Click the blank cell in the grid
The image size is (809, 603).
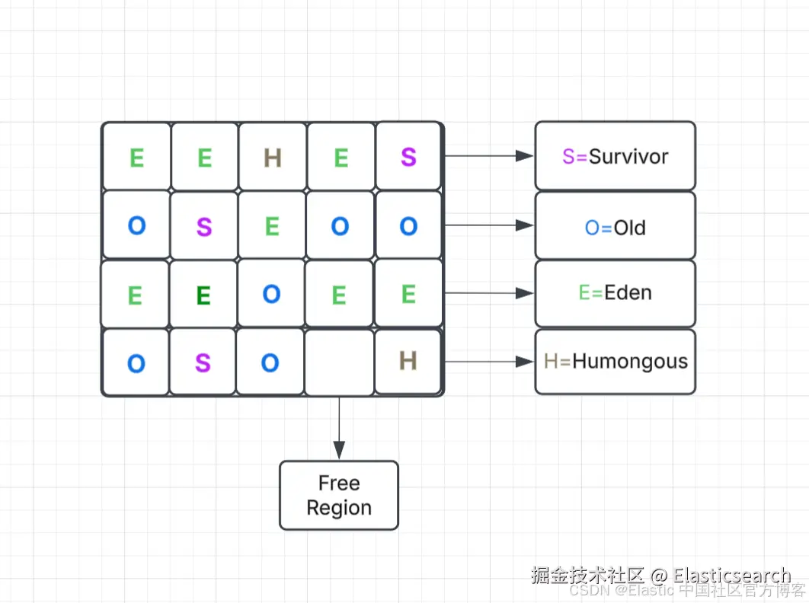click(x=339, y=362)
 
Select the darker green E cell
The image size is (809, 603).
click(x=203, y=295)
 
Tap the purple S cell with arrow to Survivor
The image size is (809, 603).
click(x=408, y=157)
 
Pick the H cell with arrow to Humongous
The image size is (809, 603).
click(x=408, y=361)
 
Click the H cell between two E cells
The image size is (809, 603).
click(x=272, y=158)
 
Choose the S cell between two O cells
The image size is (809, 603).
click(x=203, y=363)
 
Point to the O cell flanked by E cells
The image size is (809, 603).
click(x=271, y=295)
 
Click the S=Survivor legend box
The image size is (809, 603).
click(x=615, y=156)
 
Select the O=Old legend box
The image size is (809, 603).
click(x=615, y=226)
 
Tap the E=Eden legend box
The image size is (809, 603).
click(x=615, y=293)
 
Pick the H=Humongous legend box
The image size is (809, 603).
click(x=615, y=361)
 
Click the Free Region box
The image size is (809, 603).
click(x=339, y=495)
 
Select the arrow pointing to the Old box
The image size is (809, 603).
click(x=488, y=225)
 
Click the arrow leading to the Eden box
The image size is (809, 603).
click(x=488, y=293)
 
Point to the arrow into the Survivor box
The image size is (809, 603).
click(x=488, y=156)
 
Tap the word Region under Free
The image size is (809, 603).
click(x=339, y=508)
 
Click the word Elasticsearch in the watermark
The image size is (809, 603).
click(x=731, y=576)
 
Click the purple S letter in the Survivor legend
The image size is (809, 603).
click(x=568, y=157)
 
